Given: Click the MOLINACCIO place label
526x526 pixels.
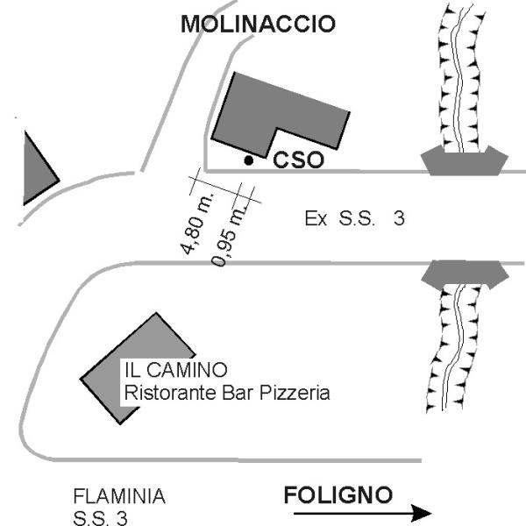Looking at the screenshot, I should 258,25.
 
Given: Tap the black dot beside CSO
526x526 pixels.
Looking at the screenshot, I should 249,160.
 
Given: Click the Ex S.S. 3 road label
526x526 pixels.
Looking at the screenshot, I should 354,218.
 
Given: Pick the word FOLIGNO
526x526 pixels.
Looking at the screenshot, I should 338,495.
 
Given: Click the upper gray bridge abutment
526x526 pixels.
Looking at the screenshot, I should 465,160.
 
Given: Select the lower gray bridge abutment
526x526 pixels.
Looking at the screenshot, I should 465,274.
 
